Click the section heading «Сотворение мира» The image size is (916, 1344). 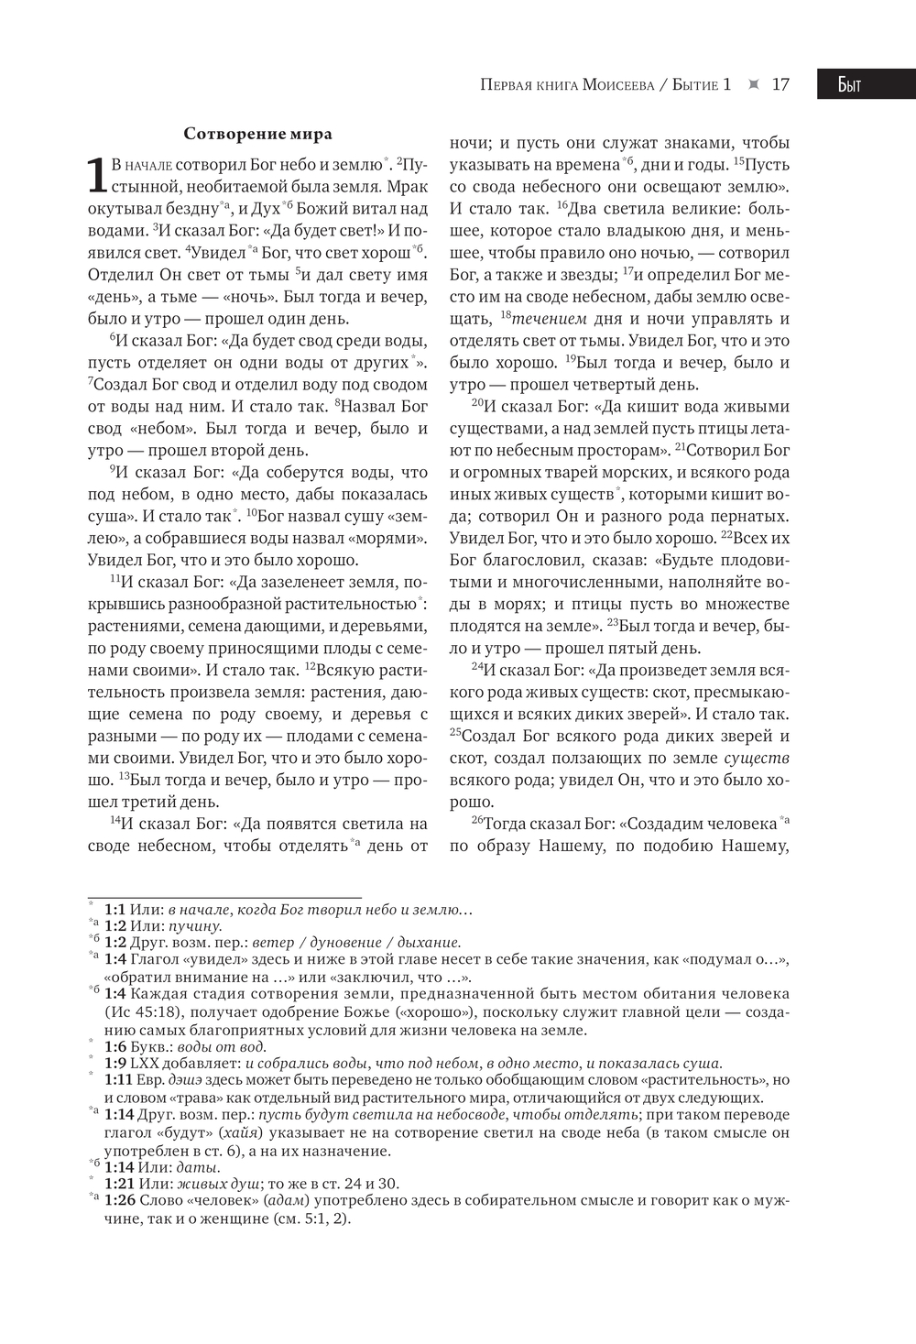257,134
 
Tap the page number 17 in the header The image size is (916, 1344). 780,84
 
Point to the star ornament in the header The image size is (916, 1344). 754,84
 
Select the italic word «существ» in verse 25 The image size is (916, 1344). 757,759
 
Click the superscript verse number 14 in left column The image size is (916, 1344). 115,820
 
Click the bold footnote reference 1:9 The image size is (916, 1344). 114,1064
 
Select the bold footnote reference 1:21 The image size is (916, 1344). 119,1184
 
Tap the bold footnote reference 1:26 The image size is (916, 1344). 119,1200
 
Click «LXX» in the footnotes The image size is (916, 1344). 145,1064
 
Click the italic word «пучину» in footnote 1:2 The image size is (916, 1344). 195,926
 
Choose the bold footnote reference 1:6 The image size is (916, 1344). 114,1047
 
